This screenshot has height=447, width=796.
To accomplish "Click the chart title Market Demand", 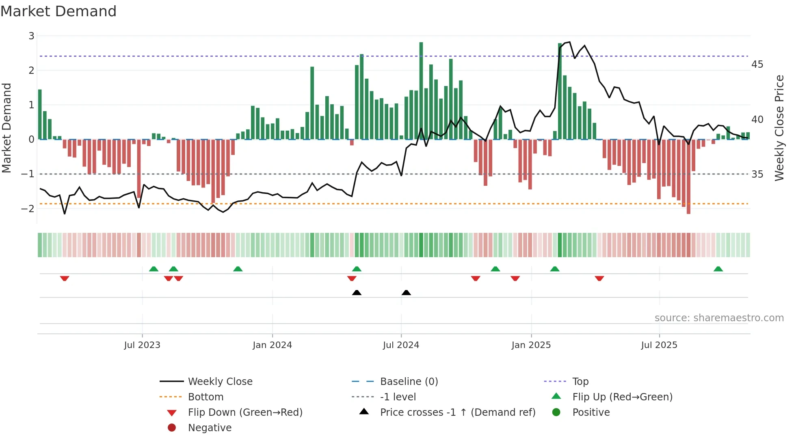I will pyautogui.click(x=58, y=11).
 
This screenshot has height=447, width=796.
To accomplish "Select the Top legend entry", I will pyautogui.click(x=580, y=381).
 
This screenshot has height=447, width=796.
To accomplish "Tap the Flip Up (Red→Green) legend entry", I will pyautogui.click(x=622, y=397).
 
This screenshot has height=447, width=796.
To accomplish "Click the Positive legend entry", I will pyautogui.click(x=591, y=412).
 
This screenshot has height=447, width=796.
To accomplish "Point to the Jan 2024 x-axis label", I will pyautogui.click(x=272, y=345).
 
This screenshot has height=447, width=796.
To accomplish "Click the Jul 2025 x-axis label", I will pyautogui.click(x=659, y=345).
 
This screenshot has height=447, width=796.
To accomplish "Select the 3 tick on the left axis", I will pyautogui.click(x=31, y=36).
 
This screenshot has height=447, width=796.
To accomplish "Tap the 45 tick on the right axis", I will pyautogui.click(x=757, y=64).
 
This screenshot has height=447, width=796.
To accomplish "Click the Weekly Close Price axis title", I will pyautogui.click(x=779, y=128).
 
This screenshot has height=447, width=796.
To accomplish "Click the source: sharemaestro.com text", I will pyautogui.click(x=719, y=318).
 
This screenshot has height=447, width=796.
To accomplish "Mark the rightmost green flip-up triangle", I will pyautogui.click(x=718, y=269).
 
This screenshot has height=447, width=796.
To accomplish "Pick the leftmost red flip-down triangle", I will pyautogui.click(x=65, y=278).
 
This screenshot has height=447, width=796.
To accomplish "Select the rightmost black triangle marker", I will pyautogui.click(x=406, y=292).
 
